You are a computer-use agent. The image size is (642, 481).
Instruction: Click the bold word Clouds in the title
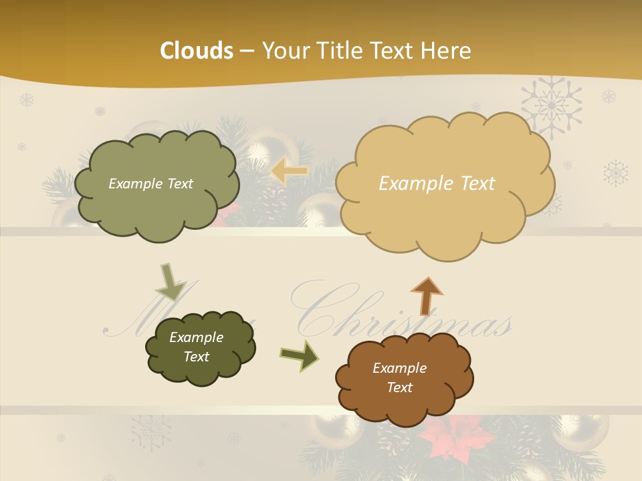point(197,51)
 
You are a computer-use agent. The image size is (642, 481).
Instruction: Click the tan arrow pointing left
point(289,172)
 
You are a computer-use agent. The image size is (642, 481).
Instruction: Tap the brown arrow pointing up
point(427,295)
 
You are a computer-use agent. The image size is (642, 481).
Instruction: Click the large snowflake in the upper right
point(551,106)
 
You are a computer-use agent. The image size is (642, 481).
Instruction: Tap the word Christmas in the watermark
point(401,314)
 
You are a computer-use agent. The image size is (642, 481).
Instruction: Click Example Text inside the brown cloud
point(399,377)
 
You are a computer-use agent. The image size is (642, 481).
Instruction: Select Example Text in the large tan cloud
point(437,184)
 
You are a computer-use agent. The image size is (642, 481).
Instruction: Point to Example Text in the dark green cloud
point(196,347)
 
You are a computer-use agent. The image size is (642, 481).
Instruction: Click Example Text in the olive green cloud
point(150,184)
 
